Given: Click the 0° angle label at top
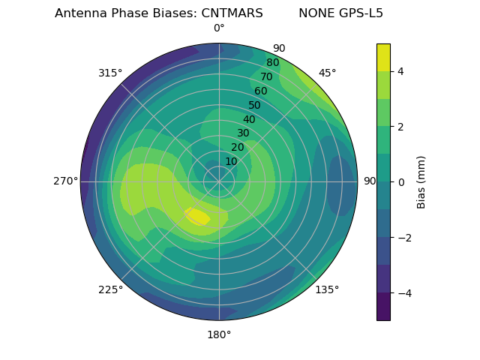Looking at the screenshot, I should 219,28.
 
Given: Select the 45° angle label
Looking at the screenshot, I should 327,73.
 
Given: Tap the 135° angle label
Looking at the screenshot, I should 327,289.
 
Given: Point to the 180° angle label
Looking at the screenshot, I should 219,334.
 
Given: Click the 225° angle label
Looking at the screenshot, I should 110,289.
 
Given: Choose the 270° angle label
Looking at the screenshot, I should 65,181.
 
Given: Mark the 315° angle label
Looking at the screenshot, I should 110,73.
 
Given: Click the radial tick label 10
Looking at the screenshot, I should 231,161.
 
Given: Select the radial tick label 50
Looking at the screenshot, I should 254,105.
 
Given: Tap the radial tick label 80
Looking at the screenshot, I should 272,63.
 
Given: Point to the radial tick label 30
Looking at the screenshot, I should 243,133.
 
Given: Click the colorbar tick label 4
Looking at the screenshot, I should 401,71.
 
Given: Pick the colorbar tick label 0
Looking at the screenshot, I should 401,181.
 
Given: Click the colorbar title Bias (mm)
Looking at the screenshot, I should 421,181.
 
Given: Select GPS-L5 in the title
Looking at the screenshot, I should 357,13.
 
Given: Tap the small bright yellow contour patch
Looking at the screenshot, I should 198,217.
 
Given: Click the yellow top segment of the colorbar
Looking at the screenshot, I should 383,57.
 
